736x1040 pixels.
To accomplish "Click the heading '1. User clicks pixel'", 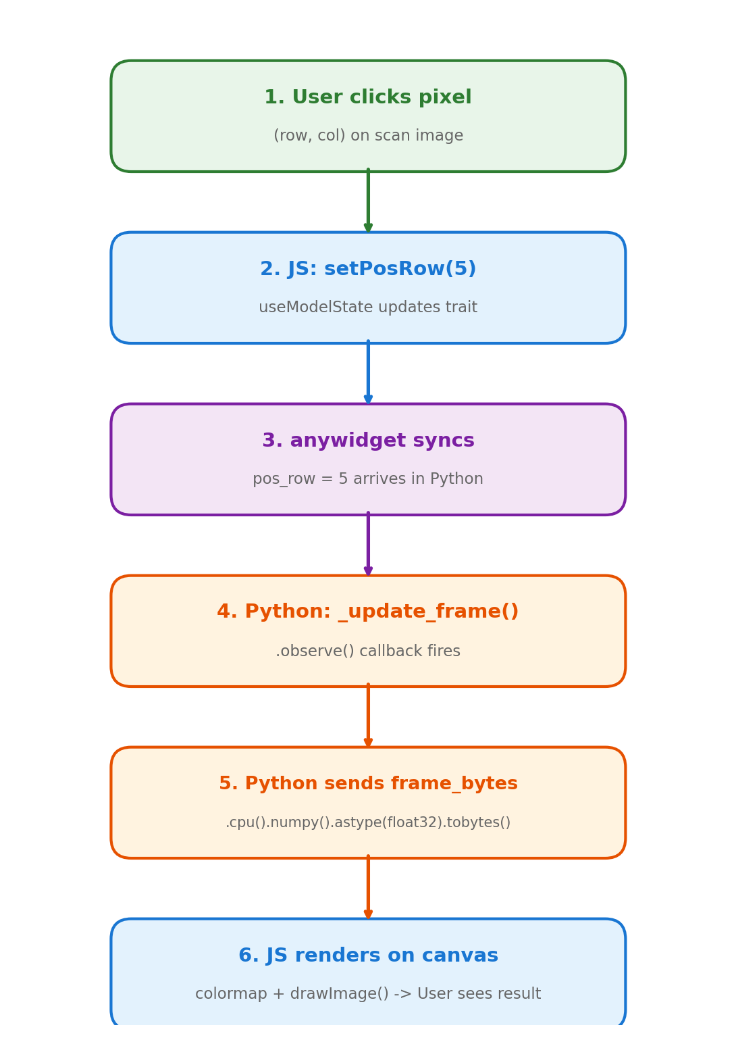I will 368,98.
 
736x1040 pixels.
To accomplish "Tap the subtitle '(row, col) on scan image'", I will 368,136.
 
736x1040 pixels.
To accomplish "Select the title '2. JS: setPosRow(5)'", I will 368,270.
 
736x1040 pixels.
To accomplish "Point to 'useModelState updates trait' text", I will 368,307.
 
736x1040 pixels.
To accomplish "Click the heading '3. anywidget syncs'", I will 368,441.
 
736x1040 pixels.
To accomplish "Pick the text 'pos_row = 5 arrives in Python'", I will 368,479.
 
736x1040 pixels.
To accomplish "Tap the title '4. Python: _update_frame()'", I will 368,612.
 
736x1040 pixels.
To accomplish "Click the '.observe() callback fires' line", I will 368,651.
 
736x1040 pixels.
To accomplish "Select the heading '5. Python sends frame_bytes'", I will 368,784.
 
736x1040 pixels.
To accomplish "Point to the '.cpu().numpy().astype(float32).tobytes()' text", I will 368,823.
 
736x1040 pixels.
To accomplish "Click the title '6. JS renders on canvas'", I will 368,956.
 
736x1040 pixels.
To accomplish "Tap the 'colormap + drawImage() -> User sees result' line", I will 368,994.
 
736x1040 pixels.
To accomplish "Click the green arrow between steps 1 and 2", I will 368,201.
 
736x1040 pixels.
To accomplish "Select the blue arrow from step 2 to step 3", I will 368,373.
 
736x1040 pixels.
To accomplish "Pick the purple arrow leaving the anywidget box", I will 368,545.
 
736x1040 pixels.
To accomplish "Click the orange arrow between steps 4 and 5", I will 368,716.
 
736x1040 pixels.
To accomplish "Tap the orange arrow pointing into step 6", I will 368,888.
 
